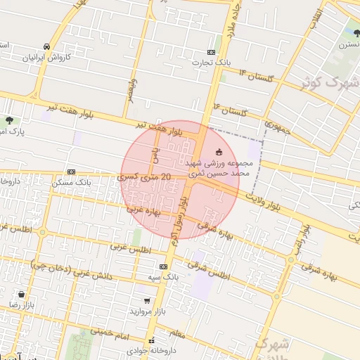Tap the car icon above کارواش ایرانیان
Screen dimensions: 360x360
tap(46, 46)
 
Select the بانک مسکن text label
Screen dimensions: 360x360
tap(72, 183)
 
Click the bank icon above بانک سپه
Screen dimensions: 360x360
tap(163, 267)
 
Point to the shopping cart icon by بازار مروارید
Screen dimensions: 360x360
tap(146, 301)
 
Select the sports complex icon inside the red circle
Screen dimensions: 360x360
tap(219, 151)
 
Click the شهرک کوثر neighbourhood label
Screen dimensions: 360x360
tap(327, 81)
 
